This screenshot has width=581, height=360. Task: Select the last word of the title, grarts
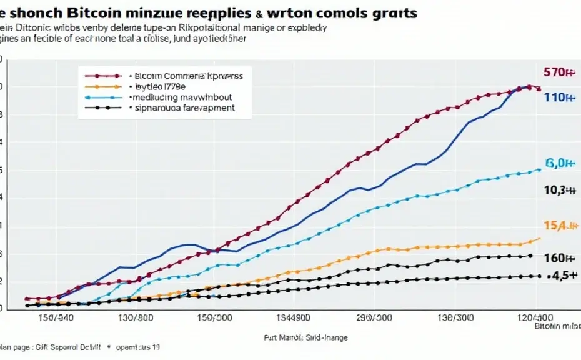(391, 12)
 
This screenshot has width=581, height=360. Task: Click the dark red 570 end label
(559, 72)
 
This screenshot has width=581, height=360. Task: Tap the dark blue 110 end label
(559, 97)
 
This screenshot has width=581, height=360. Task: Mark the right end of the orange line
(540, 238)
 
